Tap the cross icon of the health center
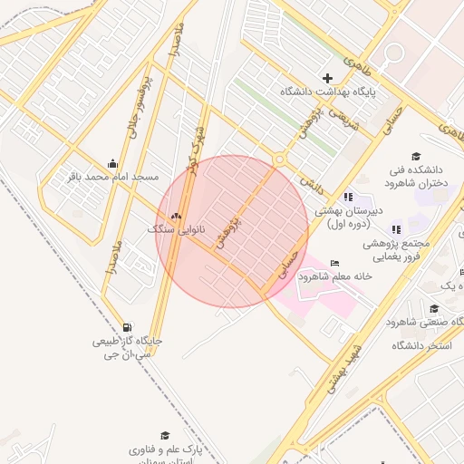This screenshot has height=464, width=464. coord(328,78)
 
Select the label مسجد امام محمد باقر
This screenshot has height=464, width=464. coord(113,176)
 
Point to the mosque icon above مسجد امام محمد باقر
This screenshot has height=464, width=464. coord(111,163)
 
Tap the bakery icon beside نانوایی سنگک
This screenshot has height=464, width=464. coord(176,216)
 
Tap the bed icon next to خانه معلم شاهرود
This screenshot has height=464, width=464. coord(334,263)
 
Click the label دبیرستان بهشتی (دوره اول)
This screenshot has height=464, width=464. coord(350,216)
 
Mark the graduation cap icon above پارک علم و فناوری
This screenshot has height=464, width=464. coord(165,436)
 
